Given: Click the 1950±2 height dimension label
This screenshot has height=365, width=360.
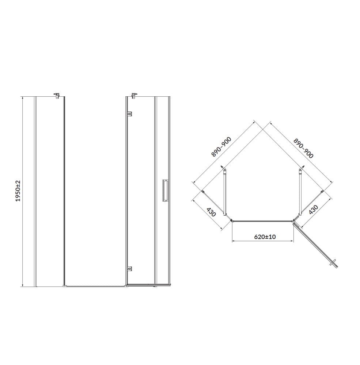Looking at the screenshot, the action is [x=18, y=191].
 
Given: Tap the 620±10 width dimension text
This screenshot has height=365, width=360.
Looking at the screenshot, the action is [x=265, y=237].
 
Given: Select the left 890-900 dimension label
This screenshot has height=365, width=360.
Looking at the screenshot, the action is [x=221, y=147].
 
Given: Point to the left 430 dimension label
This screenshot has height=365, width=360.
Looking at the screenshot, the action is [x=211, y=211].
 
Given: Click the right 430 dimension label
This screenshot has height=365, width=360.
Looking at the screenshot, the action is [x=313, y=210].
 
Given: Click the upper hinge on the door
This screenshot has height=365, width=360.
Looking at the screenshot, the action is [x=129, y=114].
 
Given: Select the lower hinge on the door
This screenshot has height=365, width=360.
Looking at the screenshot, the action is [x=129, y=269].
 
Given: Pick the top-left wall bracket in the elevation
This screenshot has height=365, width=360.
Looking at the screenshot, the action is [x=57, y=95].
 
